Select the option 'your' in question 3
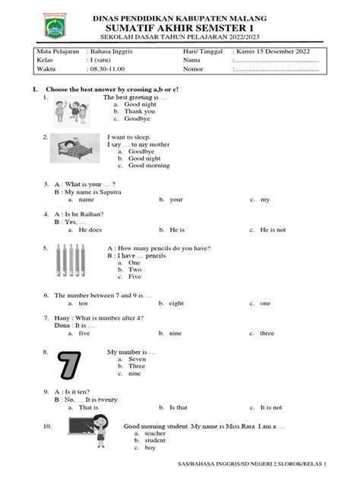[176, 200]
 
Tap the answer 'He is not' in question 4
[275, 228]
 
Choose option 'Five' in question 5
[135, 278]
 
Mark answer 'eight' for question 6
[176, 303]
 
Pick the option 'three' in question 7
[267, 333]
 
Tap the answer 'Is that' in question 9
[178, 406]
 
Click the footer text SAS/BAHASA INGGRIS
[228, 463]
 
